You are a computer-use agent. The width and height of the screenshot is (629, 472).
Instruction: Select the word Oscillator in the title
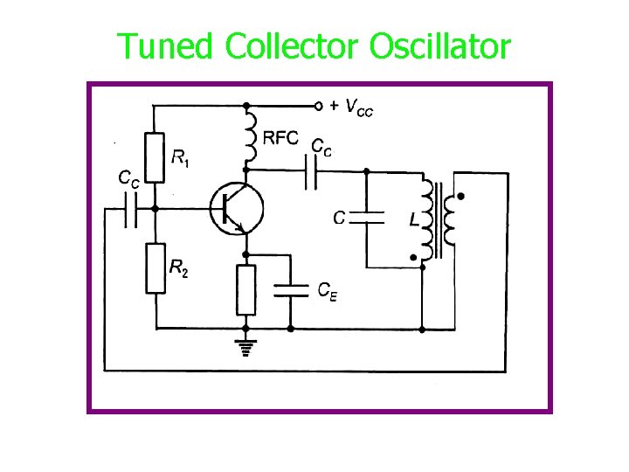tap(439, 46)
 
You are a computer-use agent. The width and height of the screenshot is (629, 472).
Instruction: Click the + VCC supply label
tap(353, 107)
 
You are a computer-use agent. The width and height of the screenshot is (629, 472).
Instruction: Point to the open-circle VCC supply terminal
tap(319, 106)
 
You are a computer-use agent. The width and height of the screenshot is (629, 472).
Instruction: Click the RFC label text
tap(280, 139)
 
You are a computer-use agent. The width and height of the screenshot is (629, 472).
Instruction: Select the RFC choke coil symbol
tap(250, 135)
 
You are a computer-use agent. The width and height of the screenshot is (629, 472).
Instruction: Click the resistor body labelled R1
tap(155, 157)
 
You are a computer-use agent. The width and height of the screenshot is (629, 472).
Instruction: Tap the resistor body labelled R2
tap(155, 267)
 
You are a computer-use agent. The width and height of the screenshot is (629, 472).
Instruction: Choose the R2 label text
tap(178, 269)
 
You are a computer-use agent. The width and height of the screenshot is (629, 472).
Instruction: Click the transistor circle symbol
tap(237, 208)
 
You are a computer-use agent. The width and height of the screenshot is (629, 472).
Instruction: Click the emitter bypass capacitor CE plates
tap(291, 289)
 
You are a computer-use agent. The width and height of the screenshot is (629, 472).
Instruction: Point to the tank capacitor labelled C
tap(367, 218)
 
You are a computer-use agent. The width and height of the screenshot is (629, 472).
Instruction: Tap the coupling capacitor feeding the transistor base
tap(131, 209)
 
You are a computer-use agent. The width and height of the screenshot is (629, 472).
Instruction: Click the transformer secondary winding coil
tap(451, 220)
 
